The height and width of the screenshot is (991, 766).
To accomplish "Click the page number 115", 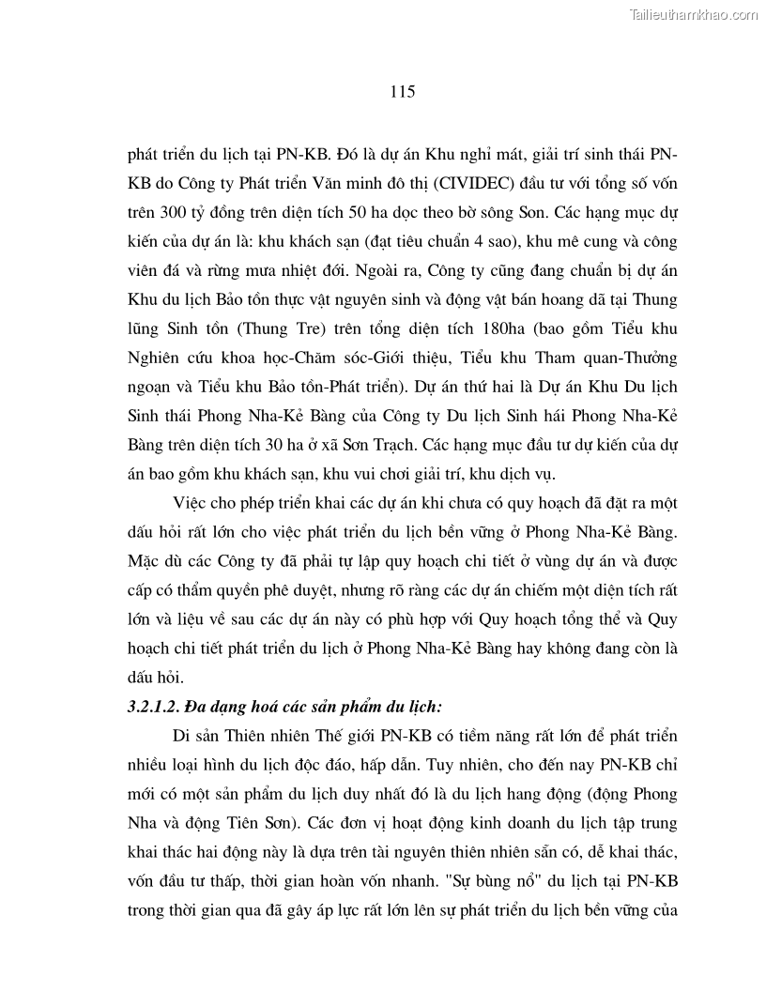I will [401, 92].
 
